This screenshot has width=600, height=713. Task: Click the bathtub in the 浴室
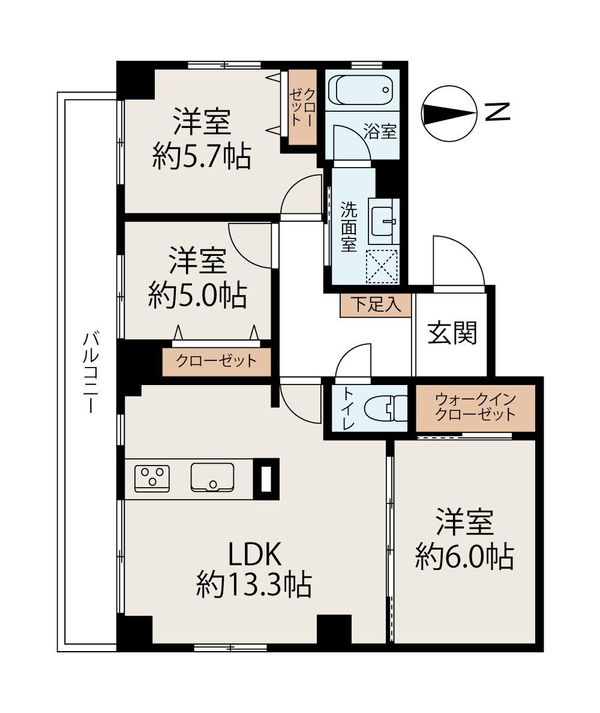click(361, 90)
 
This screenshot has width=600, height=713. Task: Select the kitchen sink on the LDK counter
click(212, 478)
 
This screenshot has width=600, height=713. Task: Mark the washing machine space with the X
click(382, 265)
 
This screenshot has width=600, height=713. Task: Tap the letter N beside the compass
click(497, 112)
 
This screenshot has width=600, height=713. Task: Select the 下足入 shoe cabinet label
click(376, 305)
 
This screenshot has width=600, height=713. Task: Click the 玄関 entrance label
click(452, 333)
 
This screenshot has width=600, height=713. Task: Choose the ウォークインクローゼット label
click(475, 407)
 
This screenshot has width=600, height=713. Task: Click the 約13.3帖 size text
click(254, 584)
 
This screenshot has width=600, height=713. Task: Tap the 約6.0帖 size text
click(464, 557)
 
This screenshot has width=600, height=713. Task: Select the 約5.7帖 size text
click(201, 157)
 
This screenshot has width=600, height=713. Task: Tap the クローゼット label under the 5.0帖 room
click(216, 362)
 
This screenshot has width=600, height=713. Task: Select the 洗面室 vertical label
click(349, 226)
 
